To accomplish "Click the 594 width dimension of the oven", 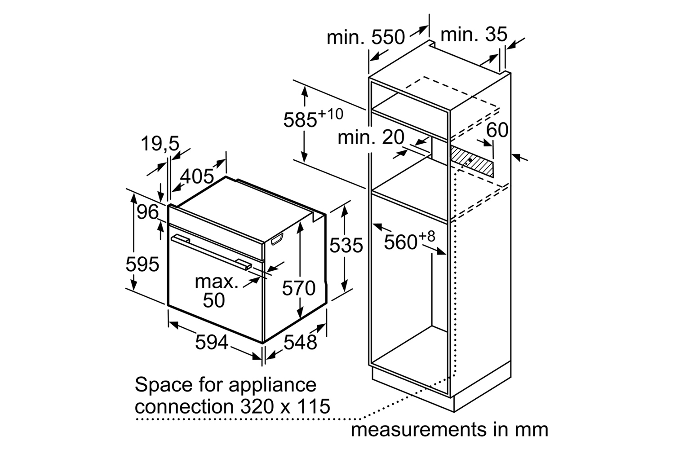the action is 212,342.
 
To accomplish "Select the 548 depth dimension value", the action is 300,342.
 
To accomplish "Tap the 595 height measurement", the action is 142,264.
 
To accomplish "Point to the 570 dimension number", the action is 298,288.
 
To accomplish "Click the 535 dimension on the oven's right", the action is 346,245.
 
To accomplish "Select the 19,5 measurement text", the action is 160,144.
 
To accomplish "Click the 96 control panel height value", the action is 147,212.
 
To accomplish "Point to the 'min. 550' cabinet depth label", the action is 366,37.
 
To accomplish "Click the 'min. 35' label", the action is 474,34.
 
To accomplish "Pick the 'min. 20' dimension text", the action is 371,137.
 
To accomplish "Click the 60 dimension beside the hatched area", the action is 497,130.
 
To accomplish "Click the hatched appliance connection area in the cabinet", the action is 472,162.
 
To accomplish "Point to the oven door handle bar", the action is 211,252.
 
